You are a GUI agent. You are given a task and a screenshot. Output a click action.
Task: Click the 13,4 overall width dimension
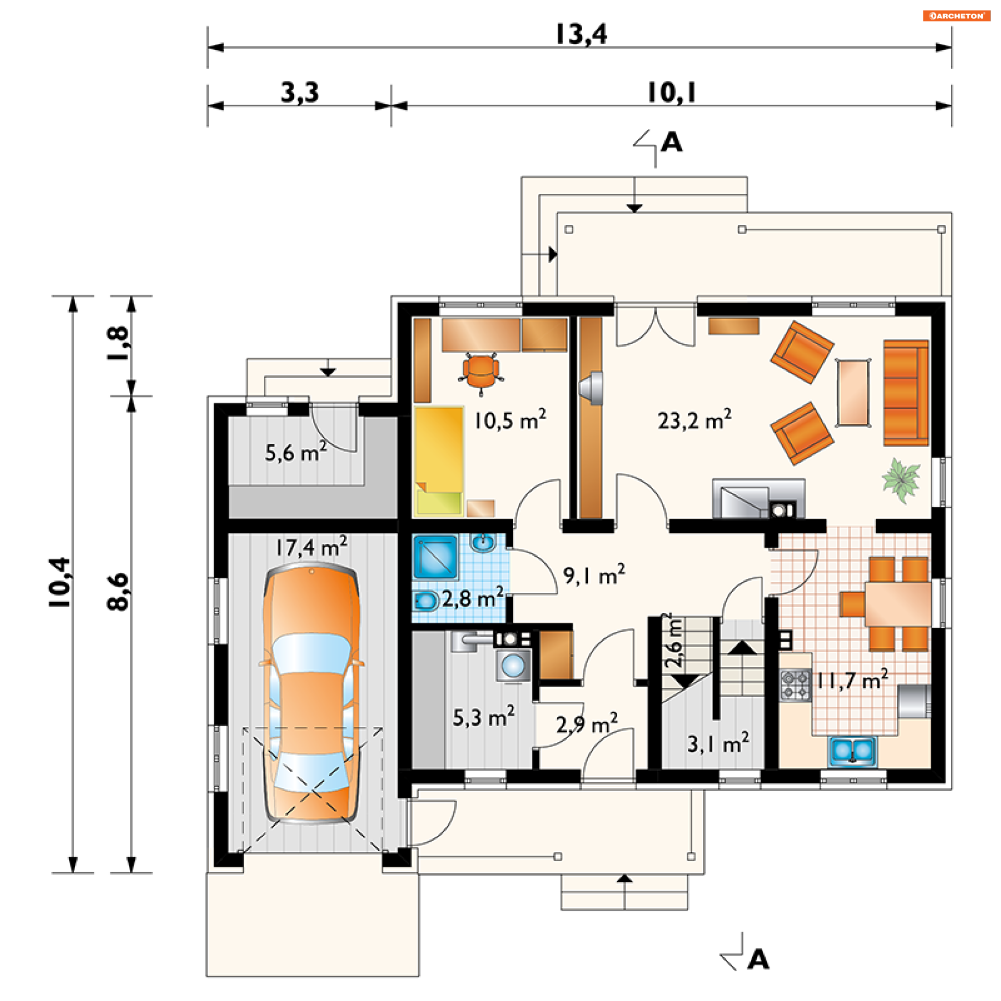click(x=581, y=34)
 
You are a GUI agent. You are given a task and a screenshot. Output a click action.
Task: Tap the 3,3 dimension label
click(x=300, y=93)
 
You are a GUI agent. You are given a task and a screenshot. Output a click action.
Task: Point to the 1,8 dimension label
click(x=118, y=344)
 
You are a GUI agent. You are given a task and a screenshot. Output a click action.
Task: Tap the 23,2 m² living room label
click(x=694, y=420)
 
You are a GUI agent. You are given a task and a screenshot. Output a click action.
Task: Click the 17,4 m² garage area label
click(x=311, y=547)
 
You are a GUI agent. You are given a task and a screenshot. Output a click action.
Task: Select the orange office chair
click(x=481, y=371)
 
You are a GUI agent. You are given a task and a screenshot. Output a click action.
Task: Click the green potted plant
click(x=901, y=480)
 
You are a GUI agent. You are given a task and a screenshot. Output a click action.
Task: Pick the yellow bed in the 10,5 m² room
click(x=439, y=461)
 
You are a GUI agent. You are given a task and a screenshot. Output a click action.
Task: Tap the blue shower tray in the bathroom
click(x=435, y=556)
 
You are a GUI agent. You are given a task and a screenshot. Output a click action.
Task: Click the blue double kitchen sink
click(x=852, y=751)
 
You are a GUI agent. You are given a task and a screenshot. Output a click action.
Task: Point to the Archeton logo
click(x=957, y=16)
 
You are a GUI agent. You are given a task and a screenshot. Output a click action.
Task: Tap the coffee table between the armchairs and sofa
click(x=853, y=393)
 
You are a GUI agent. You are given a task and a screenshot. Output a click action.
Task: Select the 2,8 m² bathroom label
click(x=472, y=598)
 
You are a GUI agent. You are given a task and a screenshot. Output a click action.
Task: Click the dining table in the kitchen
click(x=898, y=604)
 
